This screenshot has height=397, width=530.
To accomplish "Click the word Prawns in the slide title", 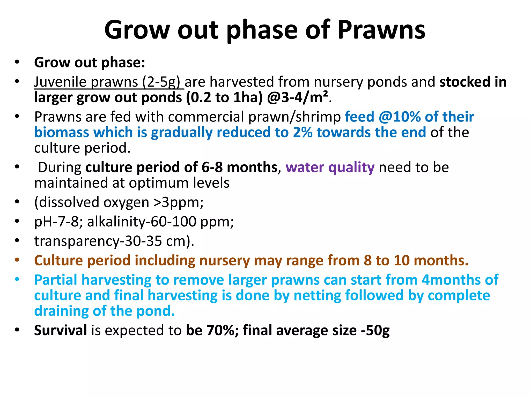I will coord(381,30).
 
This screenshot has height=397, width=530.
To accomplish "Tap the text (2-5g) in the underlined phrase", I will coord(161,82).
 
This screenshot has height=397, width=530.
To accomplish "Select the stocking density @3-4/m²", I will coord(297,98).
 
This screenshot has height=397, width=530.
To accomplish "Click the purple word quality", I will coord(351,167).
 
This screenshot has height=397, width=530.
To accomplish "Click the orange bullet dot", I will coord(17,260).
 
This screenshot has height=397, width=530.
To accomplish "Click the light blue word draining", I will coord(61,311).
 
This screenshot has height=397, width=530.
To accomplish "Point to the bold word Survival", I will coord(60,330).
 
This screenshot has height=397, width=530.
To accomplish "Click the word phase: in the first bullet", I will coord(123,63).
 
